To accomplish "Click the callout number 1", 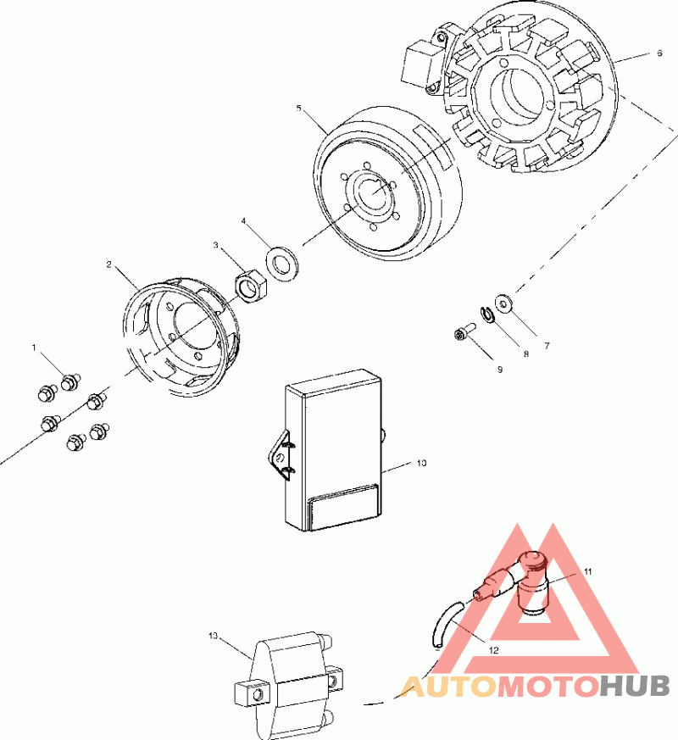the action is point(35,348).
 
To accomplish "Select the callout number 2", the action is point(109,264).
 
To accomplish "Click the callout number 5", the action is point(299,108).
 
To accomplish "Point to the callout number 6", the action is point(659,53).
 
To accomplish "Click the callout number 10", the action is point(421,464).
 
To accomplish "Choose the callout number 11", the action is point(587,572).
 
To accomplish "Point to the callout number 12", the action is point(493,649).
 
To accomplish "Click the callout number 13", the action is point(213,635).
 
